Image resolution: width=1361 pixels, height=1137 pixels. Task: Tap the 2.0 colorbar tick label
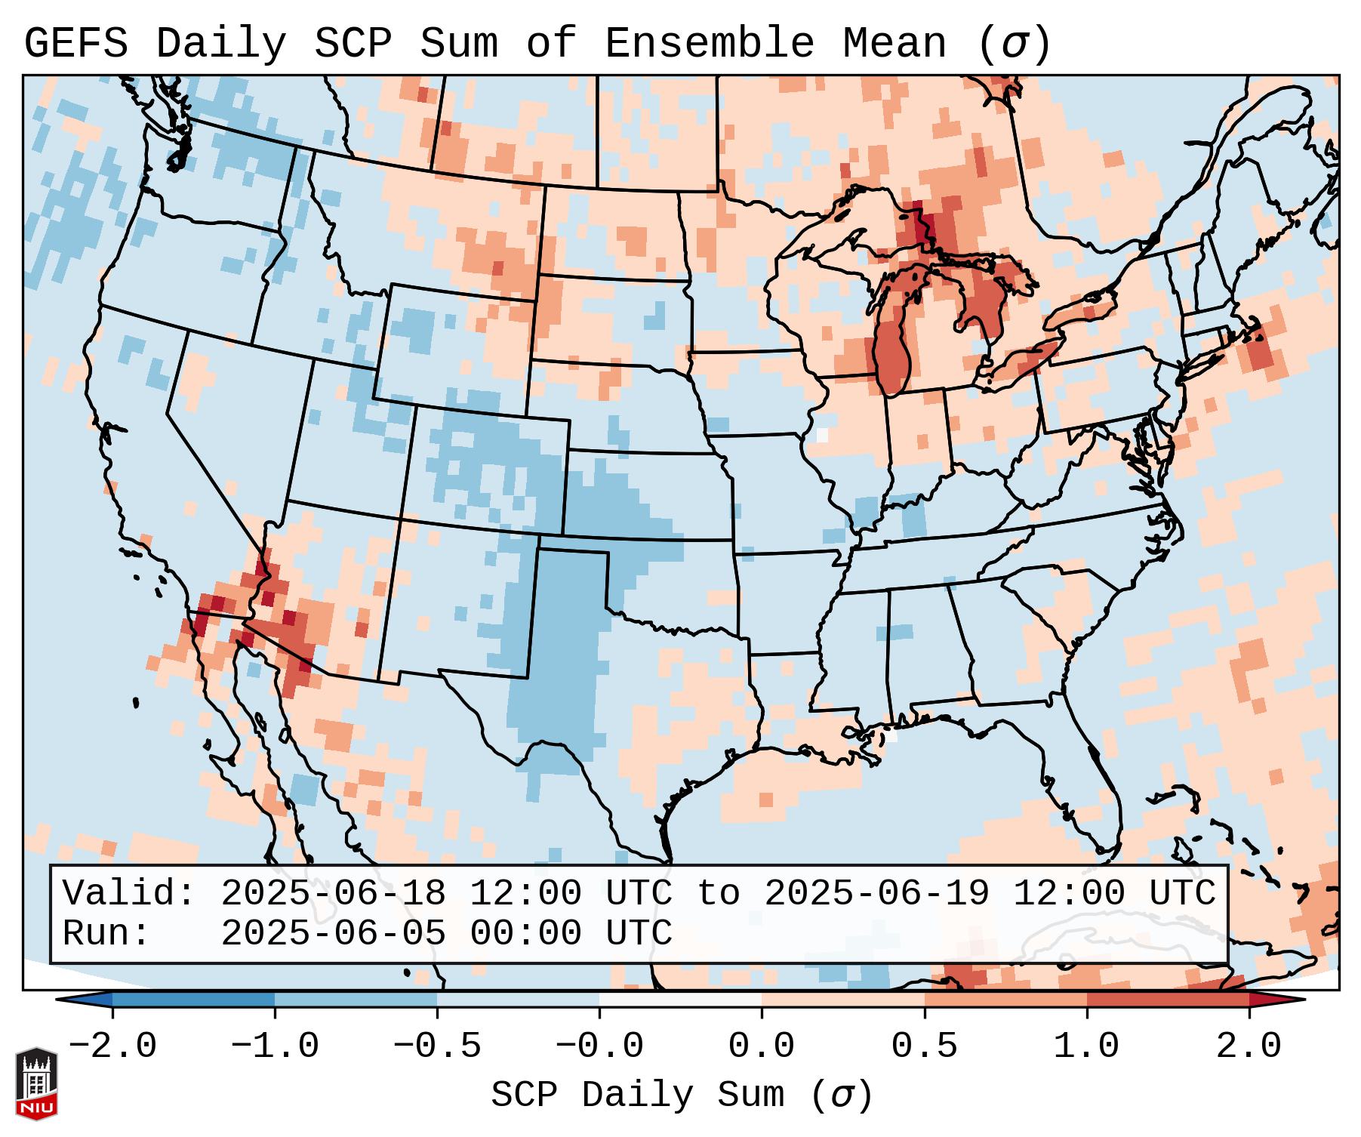[x=1249, y=1046]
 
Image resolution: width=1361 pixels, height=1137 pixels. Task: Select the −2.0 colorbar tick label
[x=112, y=1046]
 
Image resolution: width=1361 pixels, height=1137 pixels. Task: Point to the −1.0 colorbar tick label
[x=275, y=1046]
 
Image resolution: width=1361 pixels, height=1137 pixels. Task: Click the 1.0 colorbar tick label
[x=1086, y=1046]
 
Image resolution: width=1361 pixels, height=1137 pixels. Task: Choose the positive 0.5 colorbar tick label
[x=924, y=1046]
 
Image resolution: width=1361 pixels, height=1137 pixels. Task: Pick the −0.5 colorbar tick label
[x=437, y=1046]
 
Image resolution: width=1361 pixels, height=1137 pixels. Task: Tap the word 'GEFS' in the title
[x=75, y=43]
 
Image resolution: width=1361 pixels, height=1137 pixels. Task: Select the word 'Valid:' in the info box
[x=129, y=893]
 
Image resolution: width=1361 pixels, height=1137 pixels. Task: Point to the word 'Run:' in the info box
[x=106, y=933]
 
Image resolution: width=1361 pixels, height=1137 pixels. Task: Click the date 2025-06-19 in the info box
[x=876, y=893]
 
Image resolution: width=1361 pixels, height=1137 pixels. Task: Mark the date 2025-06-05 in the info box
[x=333, y=933]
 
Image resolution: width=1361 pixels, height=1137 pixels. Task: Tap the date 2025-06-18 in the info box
[x=333, y=893]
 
